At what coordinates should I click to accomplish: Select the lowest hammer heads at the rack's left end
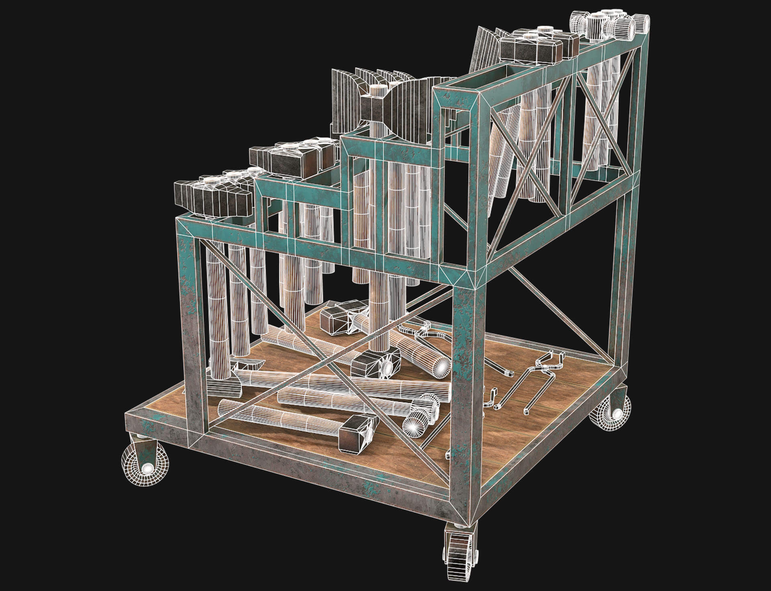click(213, 195)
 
